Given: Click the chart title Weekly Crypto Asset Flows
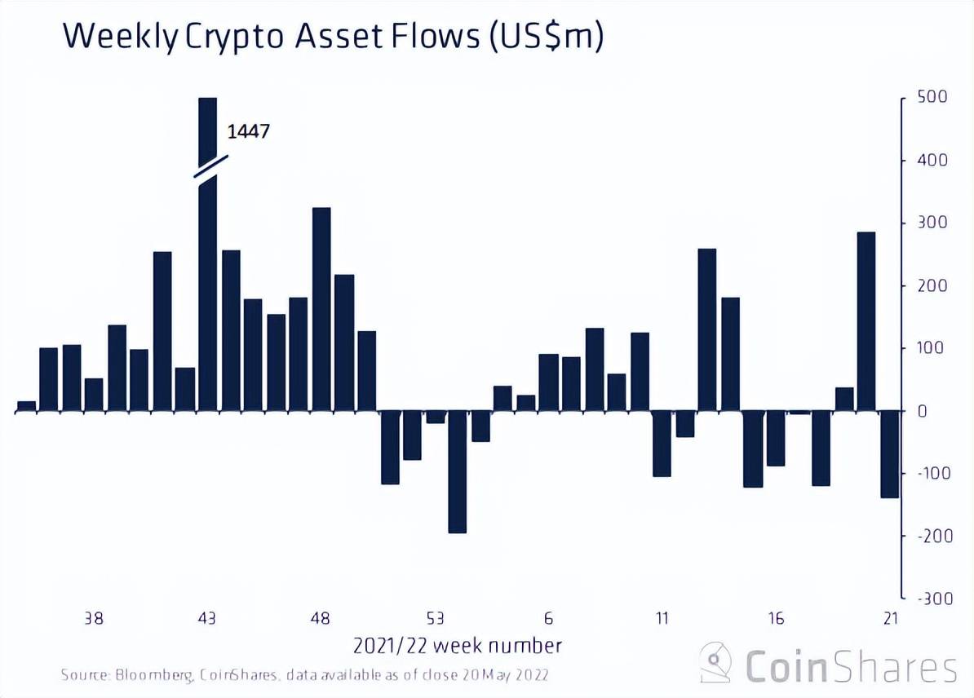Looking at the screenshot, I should pos(333,38).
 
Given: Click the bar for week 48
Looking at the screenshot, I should pos(321,310).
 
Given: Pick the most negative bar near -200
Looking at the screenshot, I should pos(458,472).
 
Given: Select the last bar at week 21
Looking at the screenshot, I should pos(889,454).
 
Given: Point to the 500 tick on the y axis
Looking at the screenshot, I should pos(931,97).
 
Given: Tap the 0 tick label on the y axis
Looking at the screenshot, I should pos(921,411).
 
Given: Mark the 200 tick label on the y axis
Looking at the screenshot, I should pos(931,285).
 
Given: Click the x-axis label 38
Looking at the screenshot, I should pos(94,618).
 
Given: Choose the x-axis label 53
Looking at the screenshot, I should pos(436,618).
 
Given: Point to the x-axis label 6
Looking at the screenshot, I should pos(549,618).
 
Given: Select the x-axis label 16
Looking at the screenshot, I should pos(776,618).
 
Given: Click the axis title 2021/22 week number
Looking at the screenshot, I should pos(458,646).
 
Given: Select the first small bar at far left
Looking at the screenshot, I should pos(26,406).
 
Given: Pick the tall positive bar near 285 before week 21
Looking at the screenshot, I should pos(866,321).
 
